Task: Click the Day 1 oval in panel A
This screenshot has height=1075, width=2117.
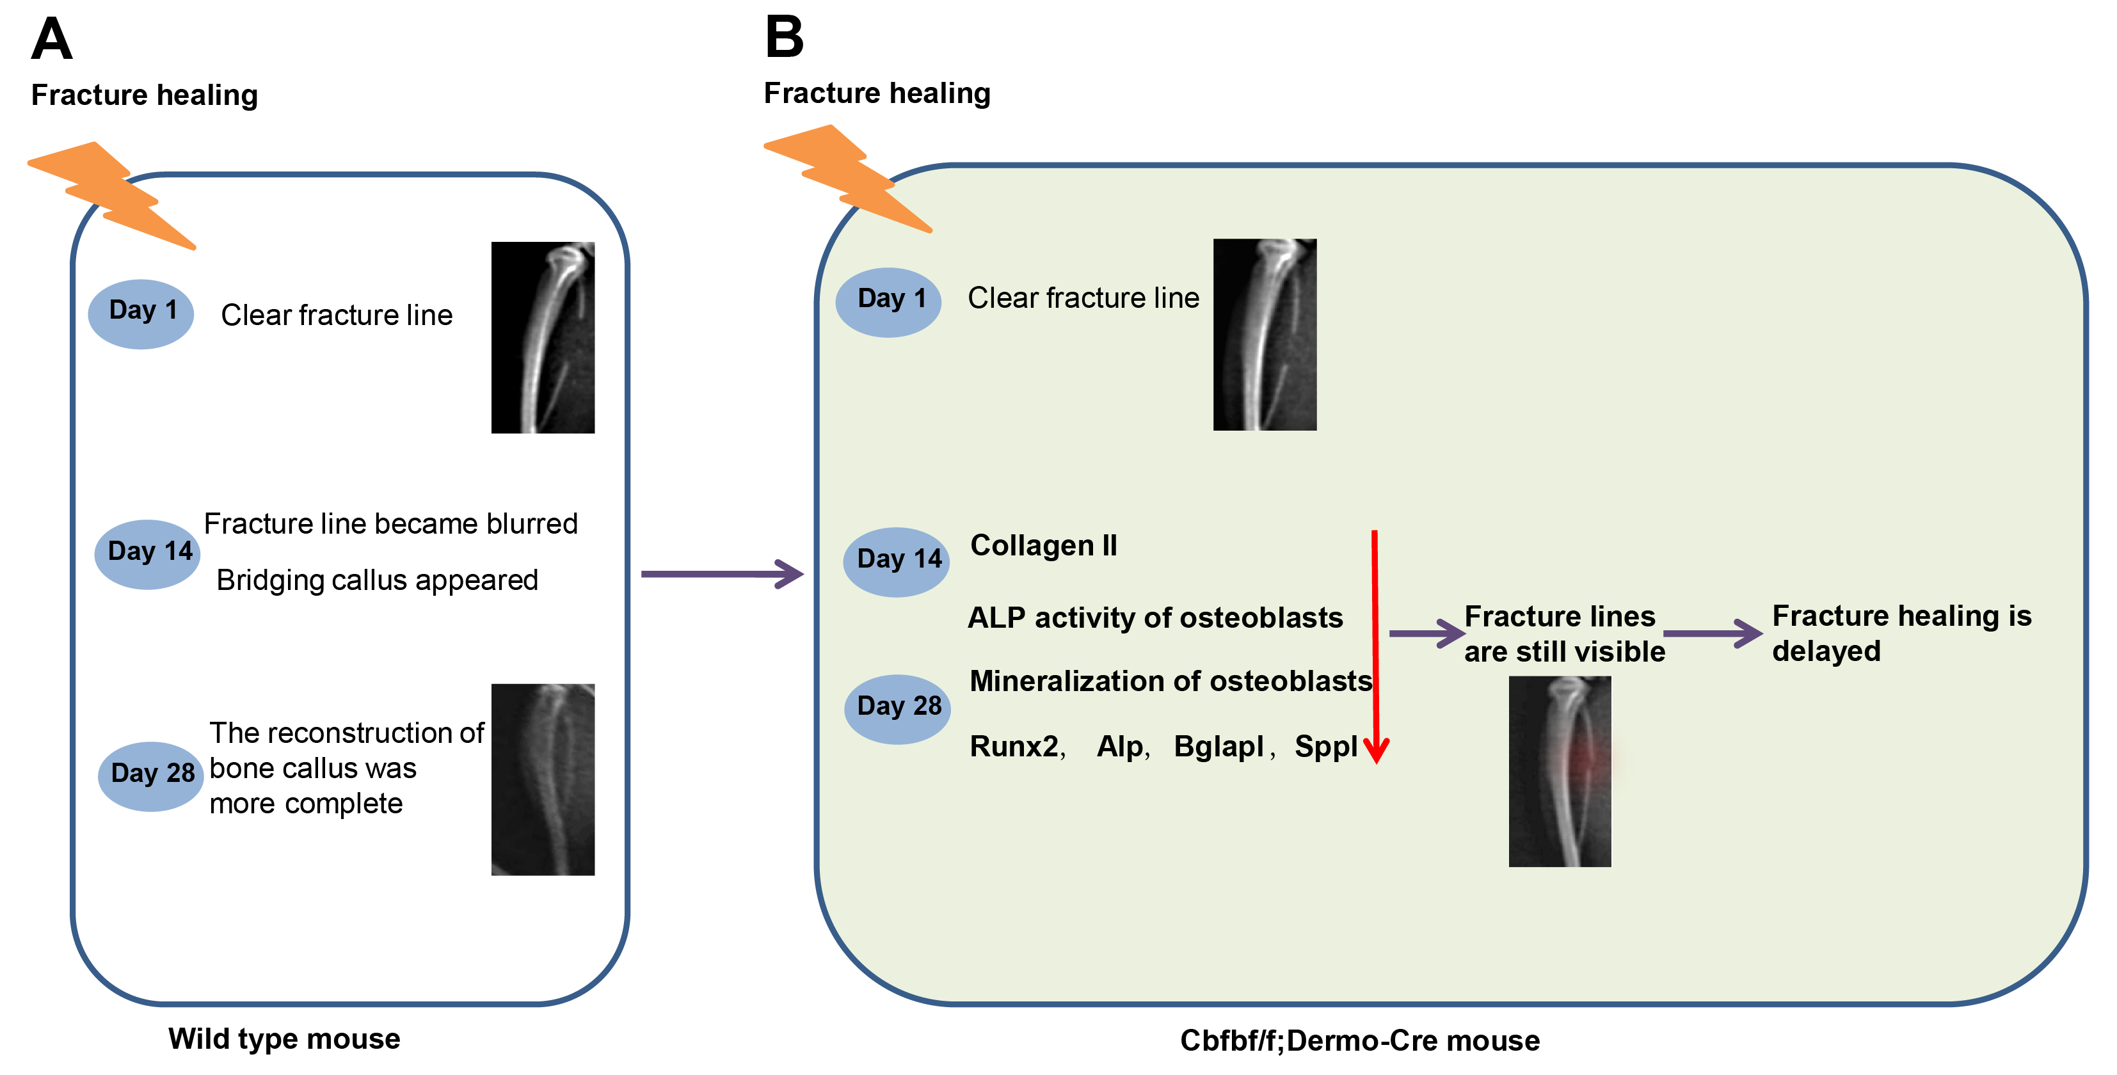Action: (141, 314)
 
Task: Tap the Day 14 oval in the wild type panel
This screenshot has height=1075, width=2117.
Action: (148, 554)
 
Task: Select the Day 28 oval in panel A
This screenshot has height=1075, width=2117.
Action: (150, 777)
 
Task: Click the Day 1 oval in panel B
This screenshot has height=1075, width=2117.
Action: (888, 303)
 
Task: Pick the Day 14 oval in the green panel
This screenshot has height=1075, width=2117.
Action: (897, 562)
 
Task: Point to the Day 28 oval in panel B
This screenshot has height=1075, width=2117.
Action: (897, 709)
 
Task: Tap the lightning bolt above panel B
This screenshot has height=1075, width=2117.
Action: (848, 179)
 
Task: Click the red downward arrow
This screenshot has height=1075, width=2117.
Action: (1375, 647)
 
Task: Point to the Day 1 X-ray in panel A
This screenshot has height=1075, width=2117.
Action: (543, 337)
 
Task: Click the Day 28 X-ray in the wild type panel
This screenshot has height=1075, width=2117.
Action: (543, 779)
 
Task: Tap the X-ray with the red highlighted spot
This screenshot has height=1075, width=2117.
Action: (1560, 771)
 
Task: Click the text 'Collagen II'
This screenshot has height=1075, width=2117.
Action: (1044, 545)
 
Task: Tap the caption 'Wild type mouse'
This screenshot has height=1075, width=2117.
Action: (284, 1039)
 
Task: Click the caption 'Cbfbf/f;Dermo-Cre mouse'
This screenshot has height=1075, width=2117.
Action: (1360, 1040)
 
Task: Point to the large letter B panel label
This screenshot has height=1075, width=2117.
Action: (784, 37)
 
